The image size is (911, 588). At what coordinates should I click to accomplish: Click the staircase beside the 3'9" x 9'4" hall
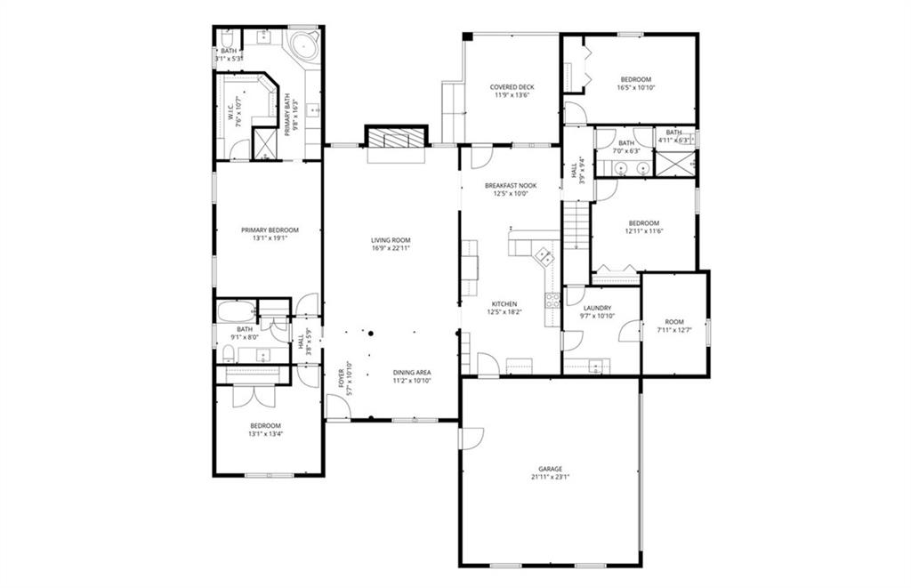click(x=576, y=226)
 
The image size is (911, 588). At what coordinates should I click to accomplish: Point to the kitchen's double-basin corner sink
click(x=544, y=258)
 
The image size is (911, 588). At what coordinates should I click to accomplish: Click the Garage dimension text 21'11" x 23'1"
click(x=550, y=477)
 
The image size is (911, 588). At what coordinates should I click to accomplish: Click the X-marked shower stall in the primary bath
click(x=265, y=144)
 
